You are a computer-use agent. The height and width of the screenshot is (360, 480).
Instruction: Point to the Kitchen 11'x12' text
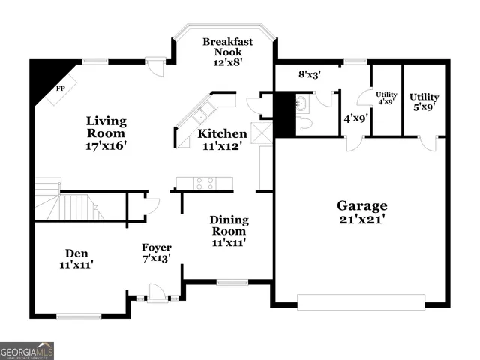222,140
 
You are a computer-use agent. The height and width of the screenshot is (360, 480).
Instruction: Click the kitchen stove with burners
205,182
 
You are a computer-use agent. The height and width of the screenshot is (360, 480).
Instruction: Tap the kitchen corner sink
202,115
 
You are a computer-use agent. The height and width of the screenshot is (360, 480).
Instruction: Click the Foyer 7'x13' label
157,253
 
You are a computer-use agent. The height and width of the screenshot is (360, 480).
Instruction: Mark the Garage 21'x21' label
361,212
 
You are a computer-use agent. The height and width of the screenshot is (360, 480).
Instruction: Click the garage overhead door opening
361,301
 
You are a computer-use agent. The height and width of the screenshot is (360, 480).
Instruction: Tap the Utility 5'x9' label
424,102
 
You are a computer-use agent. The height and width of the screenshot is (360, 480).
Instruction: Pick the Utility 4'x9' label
386,97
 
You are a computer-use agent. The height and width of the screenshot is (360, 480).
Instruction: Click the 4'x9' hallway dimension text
353,118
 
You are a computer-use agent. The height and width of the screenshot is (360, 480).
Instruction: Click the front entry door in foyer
157,293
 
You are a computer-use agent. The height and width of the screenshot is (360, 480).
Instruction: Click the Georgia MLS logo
27,350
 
